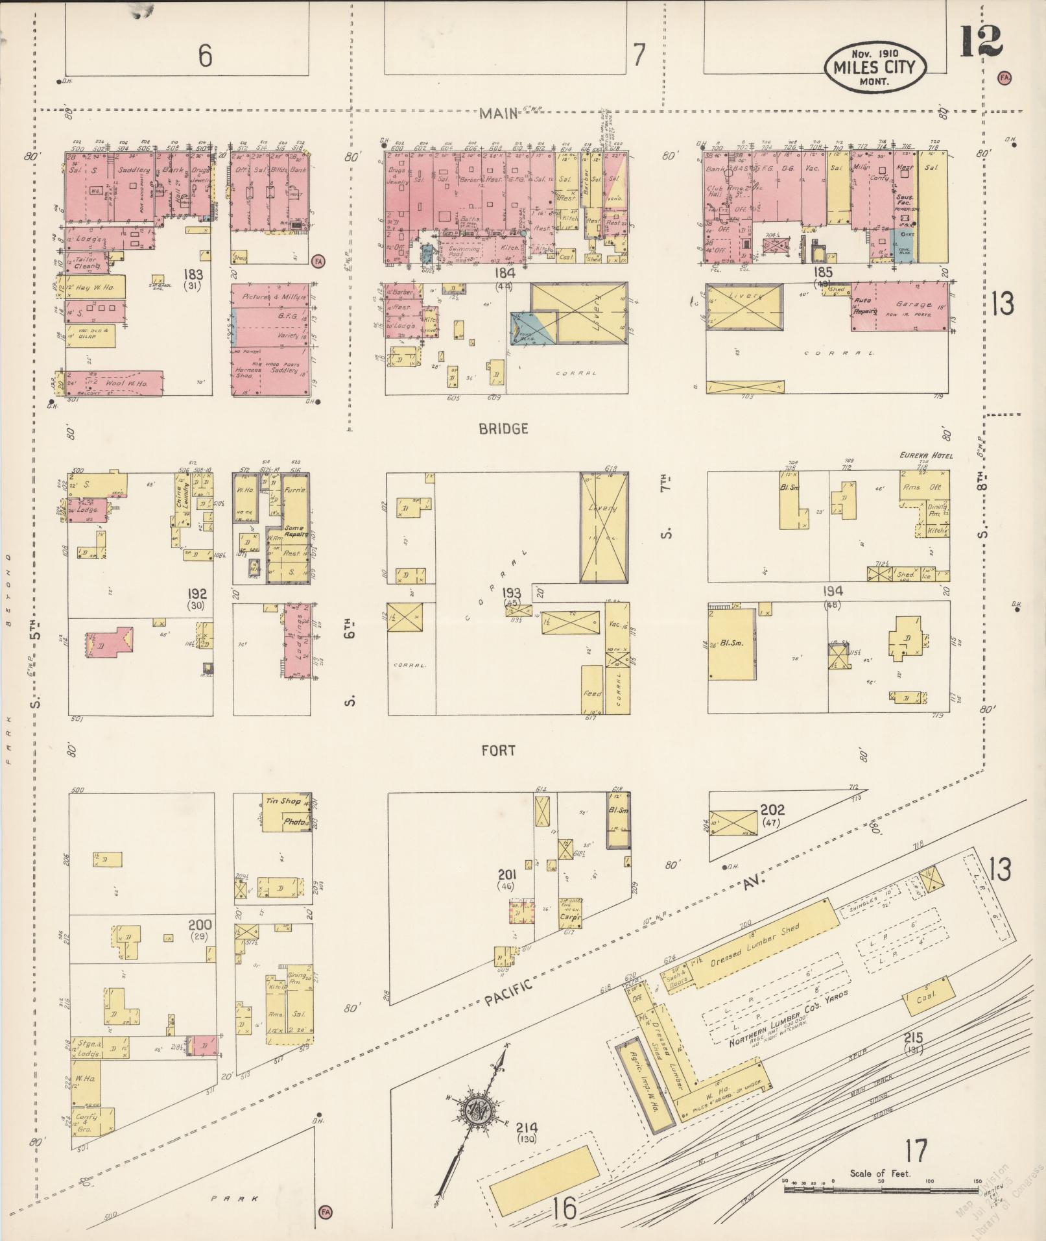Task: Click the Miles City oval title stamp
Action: pos(875,67)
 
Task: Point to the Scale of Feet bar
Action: pos(881,1190)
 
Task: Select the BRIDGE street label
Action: pos(503,429)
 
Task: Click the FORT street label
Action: pos(499,751)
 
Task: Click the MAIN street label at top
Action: pos(499,114)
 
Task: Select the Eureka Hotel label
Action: pos(925,456)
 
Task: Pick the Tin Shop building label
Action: pos(282,801)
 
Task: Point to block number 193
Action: pos(512,593)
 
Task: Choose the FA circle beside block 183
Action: pos(318,261)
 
